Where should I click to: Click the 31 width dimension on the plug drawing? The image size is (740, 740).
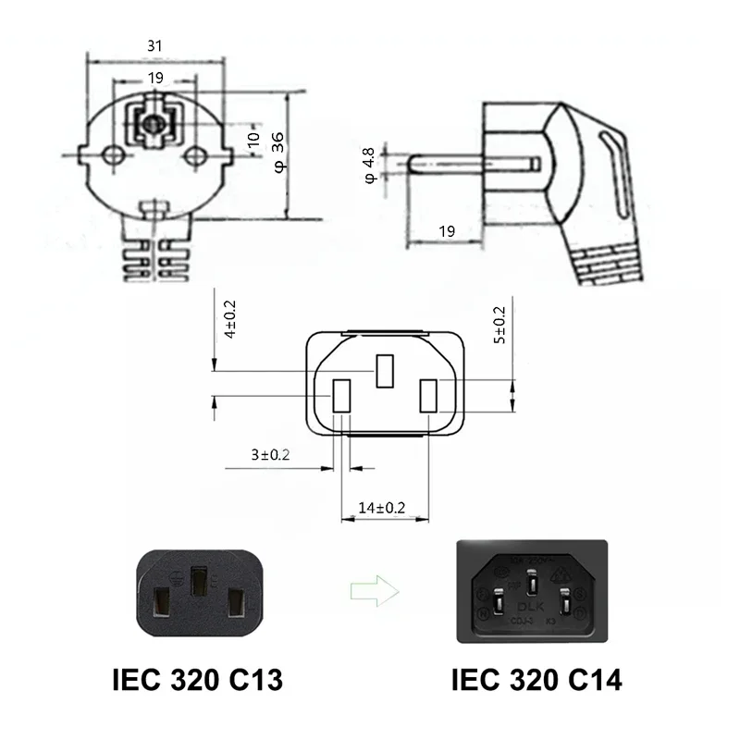(x=156, y=43)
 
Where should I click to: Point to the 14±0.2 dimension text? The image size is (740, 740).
(x=382, y=508)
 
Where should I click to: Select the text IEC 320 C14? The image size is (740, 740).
(x=536, y=682)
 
